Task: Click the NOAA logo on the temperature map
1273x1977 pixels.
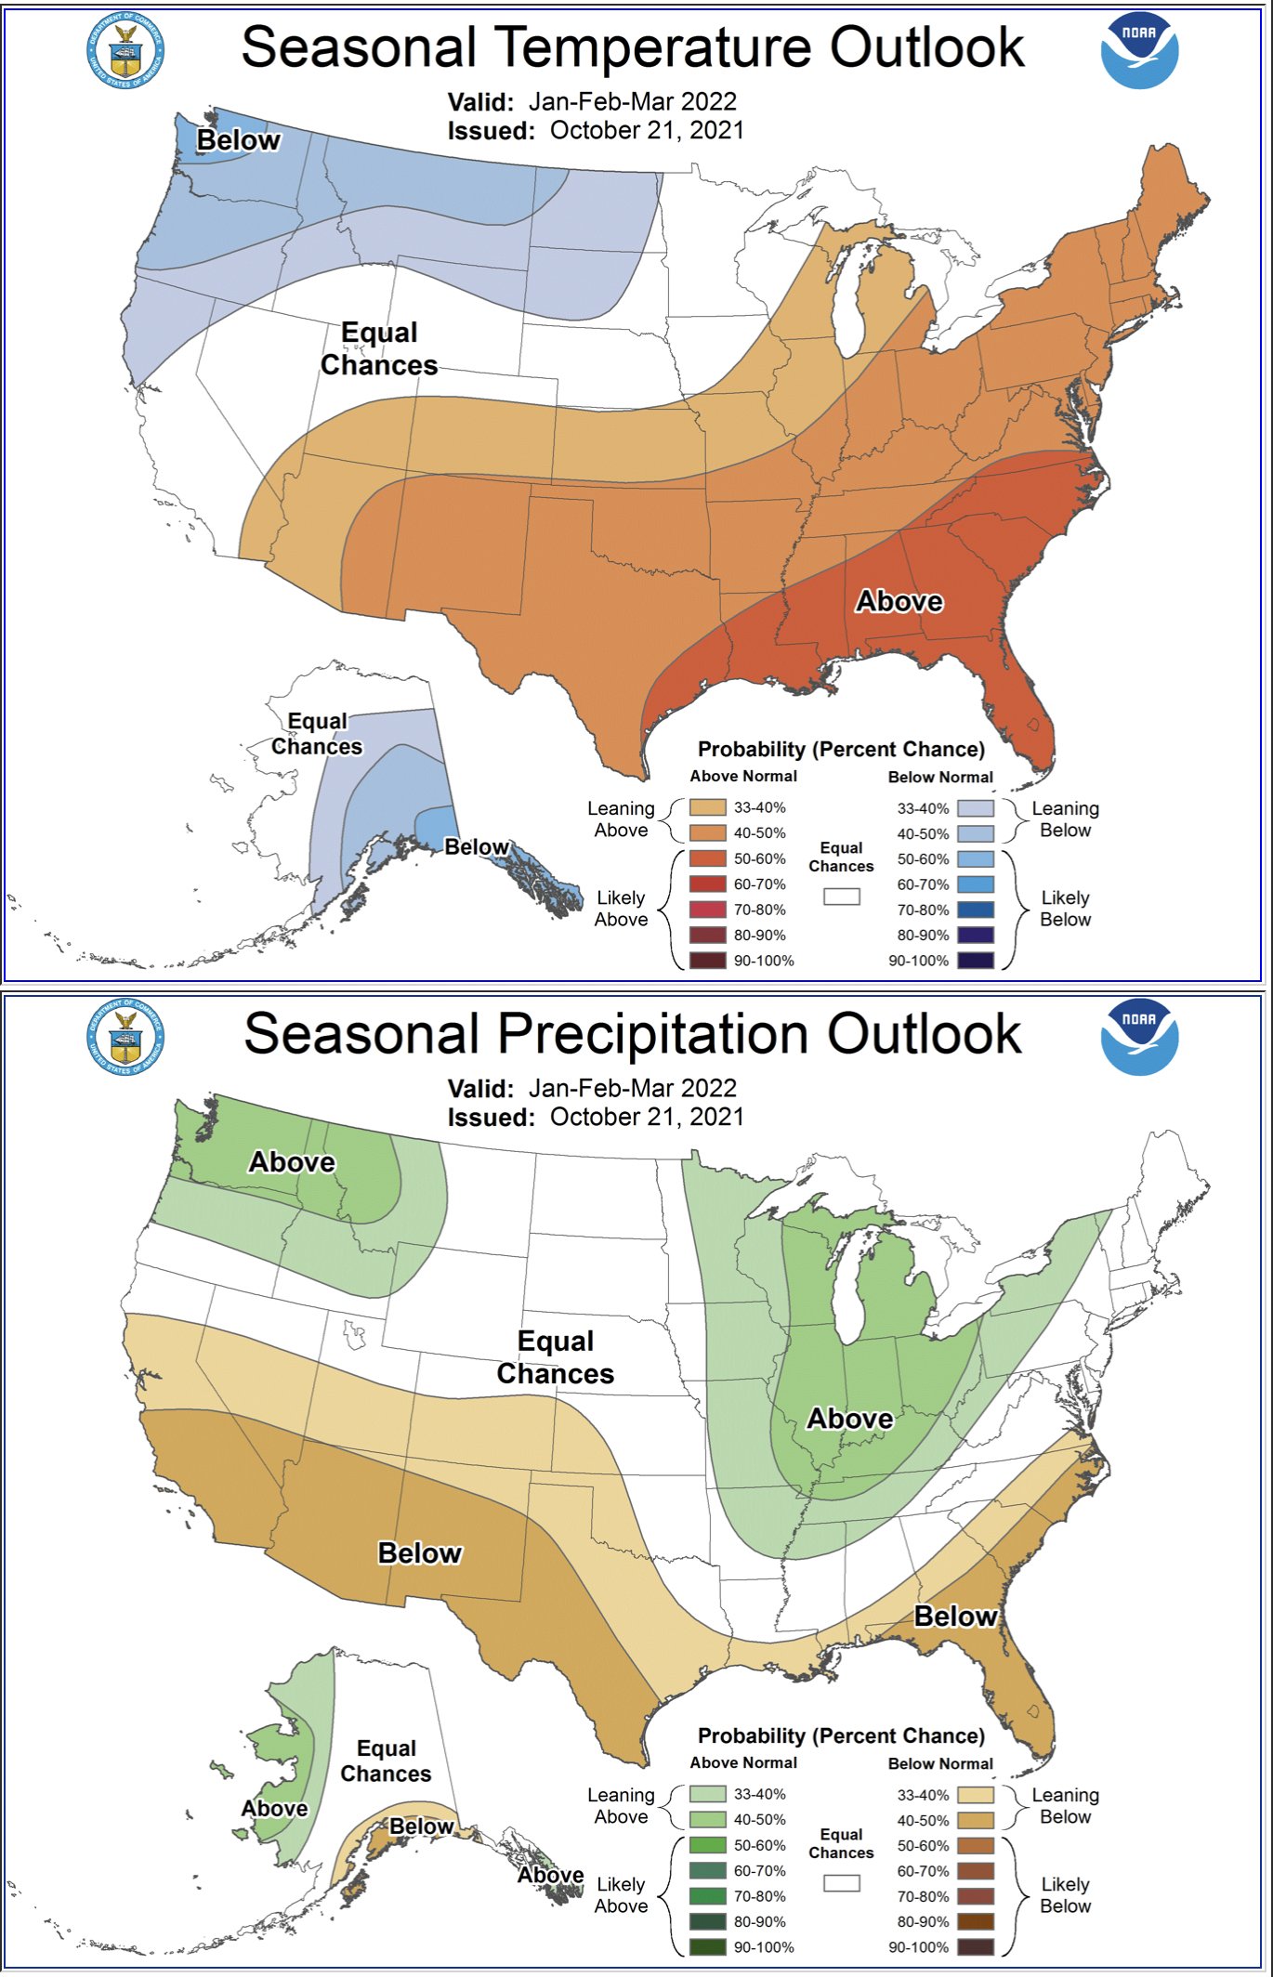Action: pos(1139,51)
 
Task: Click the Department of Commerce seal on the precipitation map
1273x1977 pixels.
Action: pos(125,1037)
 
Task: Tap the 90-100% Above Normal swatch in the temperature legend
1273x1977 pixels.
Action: pos(707,961)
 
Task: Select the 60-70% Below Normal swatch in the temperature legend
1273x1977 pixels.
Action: pos(975,884)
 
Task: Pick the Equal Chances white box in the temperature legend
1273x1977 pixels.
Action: pos(841,897)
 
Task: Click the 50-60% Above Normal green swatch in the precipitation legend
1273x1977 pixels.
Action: pos(707,1845)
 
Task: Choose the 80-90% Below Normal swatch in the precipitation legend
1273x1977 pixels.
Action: pos(975,1921)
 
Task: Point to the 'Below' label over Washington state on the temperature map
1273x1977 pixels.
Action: pos(238,140)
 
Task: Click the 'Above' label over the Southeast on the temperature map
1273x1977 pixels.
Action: pos(899,601)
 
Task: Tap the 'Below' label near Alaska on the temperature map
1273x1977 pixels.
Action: pos(476,846)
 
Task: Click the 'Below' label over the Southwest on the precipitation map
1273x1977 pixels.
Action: pos(419,1553)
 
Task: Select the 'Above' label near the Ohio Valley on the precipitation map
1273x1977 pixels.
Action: pos(849,1419)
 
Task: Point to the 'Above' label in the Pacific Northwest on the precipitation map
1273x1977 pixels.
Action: pos(292,1162)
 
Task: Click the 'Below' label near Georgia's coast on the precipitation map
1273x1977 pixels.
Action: pos(955,1617)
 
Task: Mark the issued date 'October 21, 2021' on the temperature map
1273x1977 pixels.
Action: pos(647,130)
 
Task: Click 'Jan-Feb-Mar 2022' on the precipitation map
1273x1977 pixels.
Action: pos(632,1088)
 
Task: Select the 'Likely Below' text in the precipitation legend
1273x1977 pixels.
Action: pos(1065,1895)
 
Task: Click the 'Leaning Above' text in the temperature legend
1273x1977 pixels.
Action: pos(621,819)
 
